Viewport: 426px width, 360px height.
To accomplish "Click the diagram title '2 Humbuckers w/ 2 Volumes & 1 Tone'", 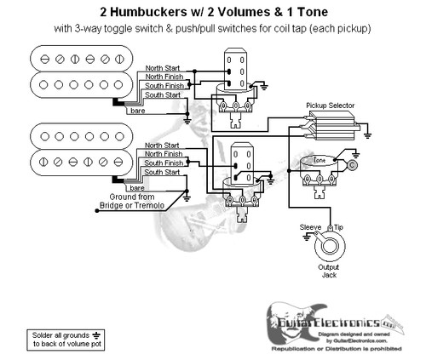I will (x=213, y=11).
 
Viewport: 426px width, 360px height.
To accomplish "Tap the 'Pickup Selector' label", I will (x=331, y=105).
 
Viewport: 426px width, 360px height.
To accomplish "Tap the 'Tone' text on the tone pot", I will (x=320, y=160).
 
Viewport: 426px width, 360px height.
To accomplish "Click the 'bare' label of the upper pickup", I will (x=136, y=111).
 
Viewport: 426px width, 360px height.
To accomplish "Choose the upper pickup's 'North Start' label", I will (x=162, y=66).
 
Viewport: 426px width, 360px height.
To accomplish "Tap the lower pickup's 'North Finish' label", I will (x=162, y=154).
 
